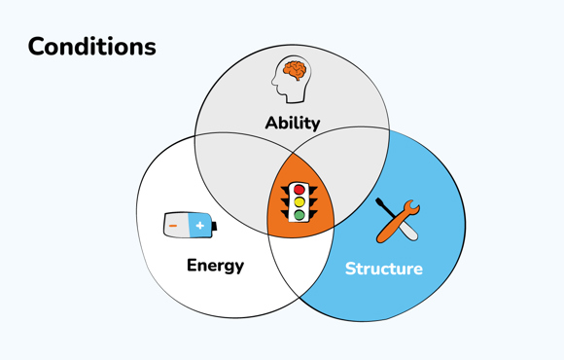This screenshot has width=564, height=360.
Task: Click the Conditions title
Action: (91, 47)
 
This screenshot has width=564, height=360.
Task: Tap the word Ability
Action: (292, 124)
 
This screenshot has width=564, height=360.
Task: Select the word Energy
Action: (215, 266)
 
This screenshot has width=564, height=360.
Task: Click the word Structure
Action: (383, 269)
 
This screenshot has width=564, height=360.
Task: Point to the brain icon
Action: (292, 79)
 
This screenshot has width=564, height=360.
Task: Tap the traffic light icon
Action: (300, 202)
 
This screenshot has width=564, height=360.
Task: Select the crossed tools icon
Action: (397, 221)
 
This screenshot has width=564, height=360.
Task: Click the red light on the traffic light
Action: (300, 191)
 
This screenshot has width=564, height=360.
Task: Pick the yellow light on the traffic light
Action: (300, 202)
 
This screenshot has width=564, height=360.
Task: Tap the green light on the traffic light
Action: (300, 215)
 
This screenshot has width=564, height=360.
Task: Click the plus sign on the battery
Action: (199, 226)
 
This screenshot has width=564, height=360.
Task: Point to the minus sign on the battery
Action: (174, 226)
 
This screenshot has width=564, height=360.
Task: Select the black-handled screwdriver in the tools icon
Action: (386, 211)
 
